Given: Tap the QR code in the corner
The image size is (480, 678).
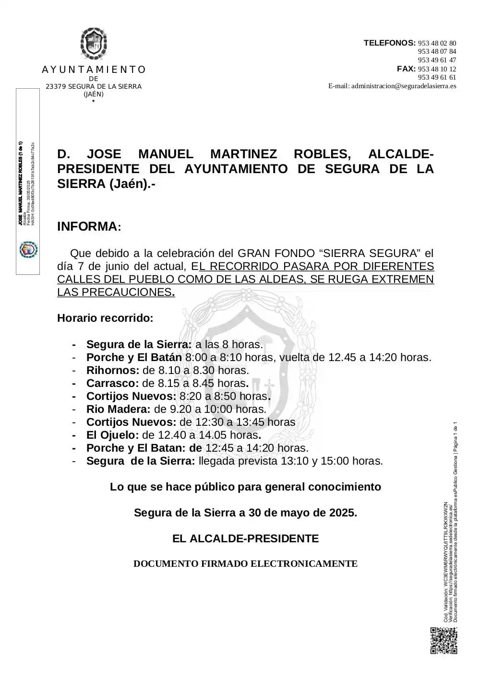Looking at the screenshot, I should (x=444, y=641).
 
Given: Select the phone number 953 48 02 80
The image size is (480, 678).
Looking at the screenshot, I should (x=437, y=43).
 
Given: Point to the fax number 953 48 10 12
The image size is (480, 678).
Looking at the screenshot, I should (x=437, y=69).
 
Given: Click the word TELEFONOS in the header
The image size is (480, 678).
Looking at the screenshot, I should (x=389, y=43).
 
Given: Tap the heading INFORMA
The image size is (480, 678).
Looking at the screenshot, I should (x=87, y=227).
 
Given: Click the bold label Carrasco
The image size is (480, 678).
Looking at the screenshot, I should (x=113, y=384).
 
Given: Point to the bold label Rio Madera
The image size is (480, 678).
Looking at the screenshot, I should (x=119, y=409).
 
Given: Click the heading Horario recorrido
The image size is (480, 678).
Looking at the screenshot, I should (x=105, y=318).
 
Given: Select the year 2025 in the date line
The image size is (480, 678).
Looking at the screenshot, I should (x=342, y=513).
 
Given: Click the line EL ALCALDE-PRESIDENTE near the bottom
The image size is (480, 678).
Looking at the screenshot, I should (x=245, y=539).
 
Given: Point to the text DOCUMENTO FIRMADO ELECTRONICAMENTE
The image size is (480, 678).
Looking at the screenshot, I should (x=245, y=564).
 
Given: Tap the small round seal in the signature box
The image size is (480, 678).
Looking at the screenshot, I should (x=28, y=250).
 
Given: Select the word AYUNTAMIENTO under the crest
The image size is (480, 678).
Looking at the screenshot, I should (x=94, y=70).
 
